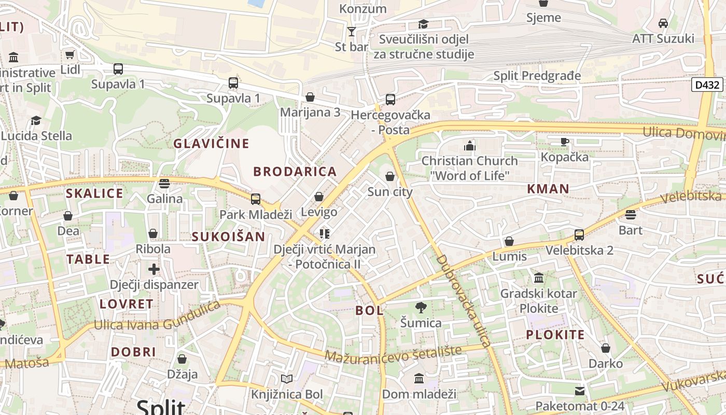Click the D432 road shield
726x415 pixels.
(707, 85)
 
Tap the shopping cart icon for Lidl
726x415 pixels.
(69, 54)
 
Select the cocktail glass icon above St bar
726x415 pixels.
(352, 32)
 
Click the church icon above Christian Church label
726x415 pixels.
(470, 146)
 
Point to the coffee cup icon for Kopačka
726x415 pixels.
(565, 142)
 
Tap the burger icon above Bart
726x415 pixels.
(631, 215)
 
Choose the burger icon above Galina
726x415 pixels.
(164, 183)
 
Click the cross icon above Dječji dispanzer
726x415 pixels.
(154, 269)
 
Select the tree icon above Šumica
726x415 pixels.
(421, 308)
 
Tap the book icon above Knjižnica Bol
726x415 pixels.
(287, 379)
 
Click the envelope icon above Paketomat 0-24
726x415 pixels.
(579, 391)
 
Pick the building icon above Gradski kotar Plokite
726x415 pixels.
(539, 279)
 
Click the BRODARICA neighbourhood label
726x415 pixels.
(295, 172)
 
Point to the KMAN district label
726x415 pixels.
(548, 189)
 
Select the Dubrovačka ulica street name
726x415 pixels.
(463, 300)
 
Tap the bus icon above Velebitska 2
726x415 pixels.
(579, 235)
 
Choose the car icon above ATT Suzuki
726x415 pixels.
(663, 23)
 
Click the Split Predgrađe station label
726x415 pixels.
(537, 76)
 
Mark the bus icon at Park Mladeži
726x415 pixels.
(255, 199)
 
